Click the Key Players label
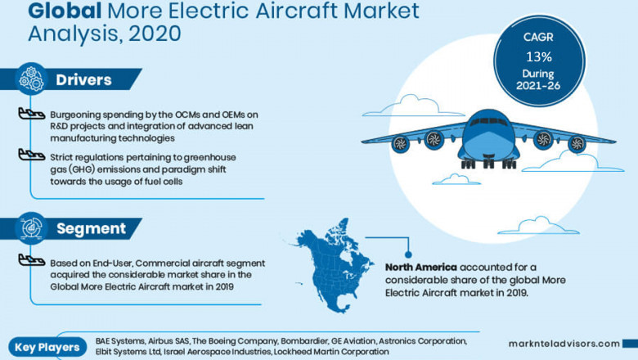pos(47,347)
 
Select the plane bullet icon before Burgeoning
pos(31,115)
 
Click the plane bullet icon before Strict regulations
pos(31,155)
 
